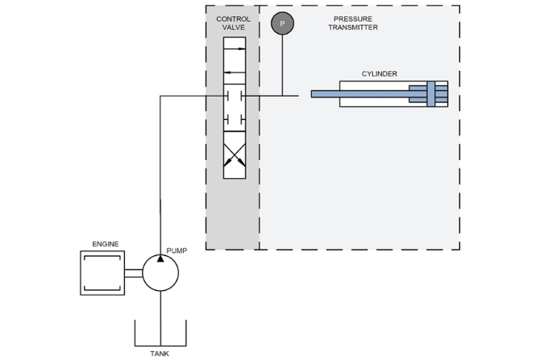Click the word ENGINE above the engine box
tap(106, 244)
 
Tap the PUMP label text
tap(177, 251)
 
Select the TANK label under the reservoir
tap(160, 354)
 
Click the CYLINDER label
tap(379, 73)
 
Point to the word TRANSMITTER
tap(353, 27)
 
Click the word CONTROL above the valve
tap(233, 19)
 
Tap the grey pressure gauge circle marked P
tap(282, 23)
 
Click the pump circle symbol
tap(160, 272)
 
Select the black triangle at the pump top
tap(160, 259)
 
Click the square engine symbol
tap(102, 273)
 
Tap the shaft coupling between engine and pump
tap(134, 273)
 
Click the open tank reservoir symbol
tap(160, 346)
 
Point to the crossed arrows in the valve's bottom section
tap(235, 155)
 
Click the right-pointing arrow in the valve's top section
tap(235, 49)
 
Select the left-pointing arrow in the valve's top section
tap(235, 72)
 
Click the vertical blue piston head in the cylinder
tap(431, 94)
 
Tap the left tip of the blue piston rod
tap(312, 94)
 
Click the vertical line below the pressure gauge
tap(282, 65)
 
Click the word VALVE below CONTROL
tap(233, 27)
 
